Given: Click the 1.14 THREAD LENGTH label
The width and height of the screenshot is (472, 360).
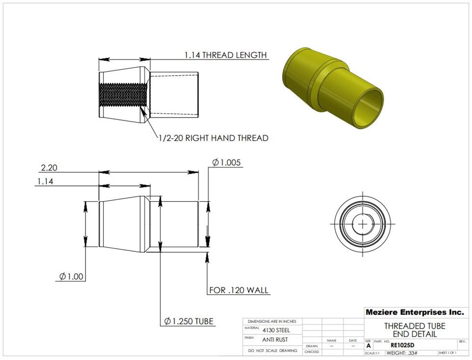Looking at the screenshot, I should [x=226, y=55].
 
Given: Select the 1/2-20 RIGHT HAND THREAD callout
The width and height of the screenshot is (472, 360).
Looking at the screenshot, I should [x=213, y=138].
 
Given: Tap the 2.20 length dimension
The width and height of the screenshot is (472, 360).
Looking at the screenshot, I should [x=49, y=168].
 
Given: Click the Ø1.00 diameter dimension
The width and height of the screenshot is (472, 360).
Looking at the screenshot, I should [x=71, y=276].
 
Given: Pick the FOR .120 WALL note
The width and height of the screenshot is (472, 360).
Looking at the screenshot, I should [x=239, y=290].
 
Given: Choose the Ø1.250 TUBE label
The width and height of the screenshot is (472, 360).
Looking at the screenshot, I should [x=189, y=321].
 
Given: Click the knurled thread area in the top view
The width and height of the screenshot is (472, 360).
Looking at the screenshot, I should [x=123, y=93].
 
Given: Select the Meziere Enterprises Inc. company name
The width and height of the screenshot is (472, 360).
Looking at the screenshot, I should [x=414, y=312].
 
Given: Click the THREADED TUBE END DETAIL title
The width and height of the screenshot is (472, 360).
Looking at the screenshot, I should [x=414, y=330].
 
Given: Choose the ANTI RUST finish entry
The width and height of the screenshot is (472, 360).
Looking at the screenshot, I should [x=275, y=340].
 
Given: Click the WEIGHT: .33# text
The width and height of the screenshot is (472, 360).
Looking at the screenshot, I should [x=402, y=353].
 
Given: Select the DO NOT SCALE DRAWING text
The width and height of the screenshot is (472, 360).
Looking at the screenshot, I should [x=272, y=351].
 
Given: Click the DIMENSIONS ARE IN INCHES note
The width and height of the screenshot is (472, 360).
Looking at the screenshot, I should [x=272, y=321].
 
